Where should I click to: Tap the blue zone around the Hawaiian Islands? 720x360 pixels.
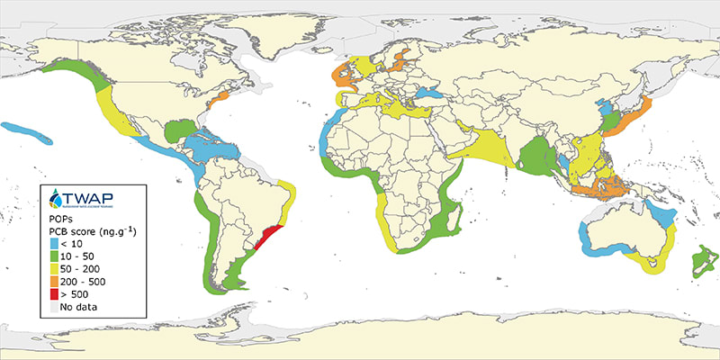27,130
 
